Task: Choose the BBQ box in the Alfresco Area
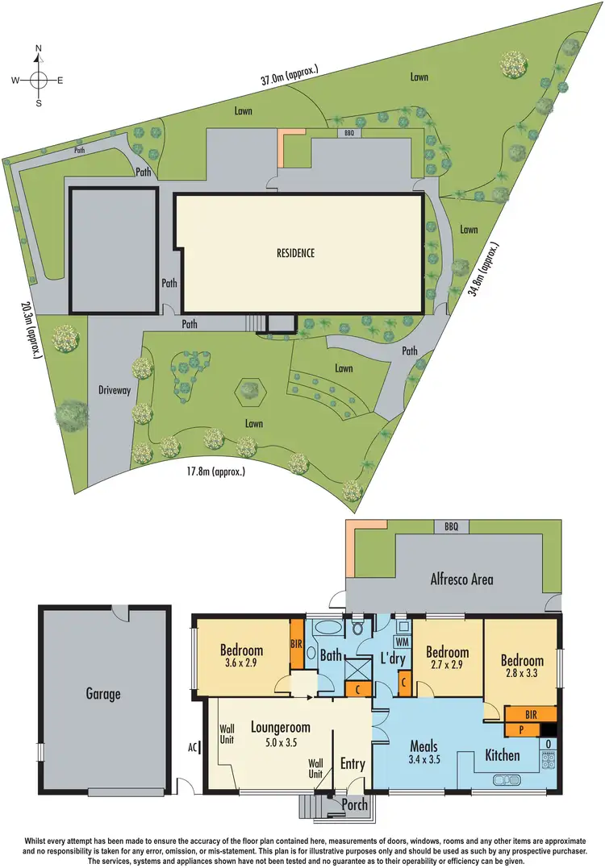pos(450,527)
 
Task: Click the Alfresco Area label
pos(461,579)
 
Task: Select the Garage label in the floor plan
pos(103,693)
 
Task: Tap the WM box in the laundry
pos(402,642)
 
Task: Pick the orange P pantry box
pos(521,729)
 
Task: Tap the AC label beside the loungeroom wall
pos(193,747)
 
